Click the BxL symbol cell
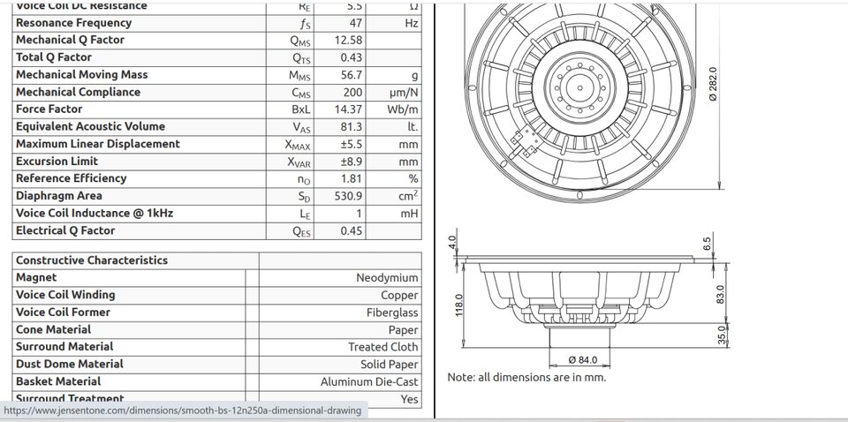coord(300,109)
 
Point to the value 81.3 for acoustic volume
coord(352,126)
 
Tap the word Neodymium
coord(387,277)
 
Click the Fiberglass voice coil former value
coord(392,313)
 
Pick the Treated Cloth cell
coord(383,347)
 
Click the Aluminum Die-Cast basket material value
coord(369,382)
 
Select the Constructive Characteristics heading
coord(91,260)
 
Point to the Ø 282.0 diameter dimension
coord(713,88)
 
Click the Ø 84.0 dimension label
coord(584,359)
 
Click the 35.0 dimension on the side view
coord(722,336)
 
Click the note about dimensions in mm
coord(526,377)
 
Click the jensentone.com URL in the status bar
coord(183,411)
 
